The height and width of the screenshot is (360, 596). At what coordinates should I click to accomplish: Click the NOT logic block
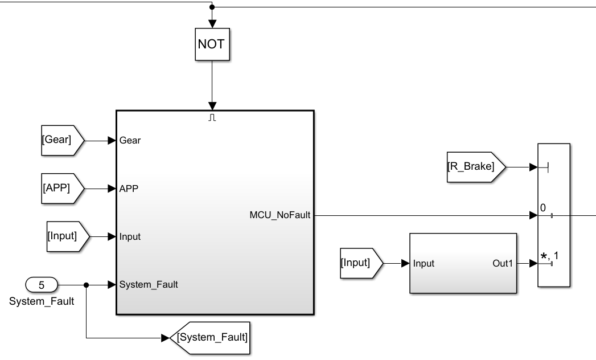point(212,44)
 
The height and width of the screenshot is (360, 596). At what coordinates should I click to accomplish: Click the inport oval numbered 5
point(42,284)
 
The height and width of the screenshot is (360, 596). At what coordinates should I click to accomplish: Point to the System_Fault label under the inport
point(42,301)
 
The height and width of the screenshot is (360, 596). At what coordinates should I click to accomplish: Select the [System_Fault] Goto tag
point(211,337)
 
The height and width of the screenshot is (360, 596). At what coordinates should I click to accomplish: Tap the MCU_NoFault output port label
point(279,215)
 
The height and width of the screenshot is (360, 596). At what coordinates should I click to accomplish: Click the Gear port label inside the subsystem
point(130,141)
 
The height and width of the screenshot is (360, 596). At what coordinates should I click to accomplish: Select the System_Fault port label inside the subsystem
point(149,285)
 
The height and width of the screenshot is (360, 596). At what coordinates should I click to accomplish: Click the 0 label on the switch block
point(543,208)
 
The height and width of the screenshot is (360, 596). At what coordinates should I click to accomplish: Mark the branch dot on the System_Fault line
point(86,284)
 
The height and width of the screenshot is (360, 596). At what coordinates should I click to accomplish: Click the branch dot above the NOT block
point(212,7)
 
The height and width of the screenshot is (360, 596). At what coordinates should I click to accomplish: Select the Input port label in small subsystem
point(424,263)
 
